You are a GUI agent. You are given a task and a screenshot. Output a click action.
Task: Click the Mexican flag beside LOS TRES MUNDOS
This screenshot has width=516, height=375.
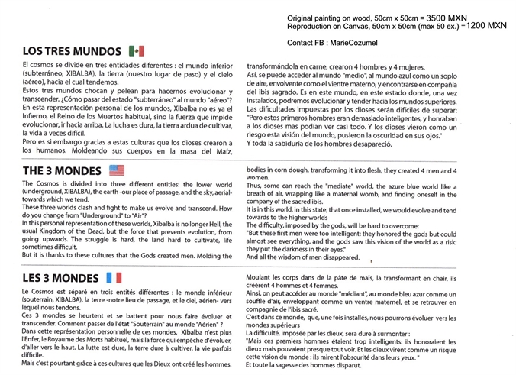137,50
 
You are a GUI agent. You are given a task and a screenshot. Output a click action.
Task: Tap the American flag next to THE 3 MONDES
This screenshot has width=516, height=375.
117,170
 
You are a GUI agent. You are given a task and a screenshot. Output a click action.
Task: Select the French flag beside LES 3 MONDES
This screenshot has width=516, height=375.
112,276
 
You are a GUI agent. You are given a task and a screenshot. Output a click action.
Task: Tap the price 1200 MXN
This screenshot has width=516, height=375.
486,25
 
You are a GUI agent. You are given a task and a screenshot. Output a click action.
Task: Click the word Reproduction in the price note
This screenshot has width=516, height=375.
315,25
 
